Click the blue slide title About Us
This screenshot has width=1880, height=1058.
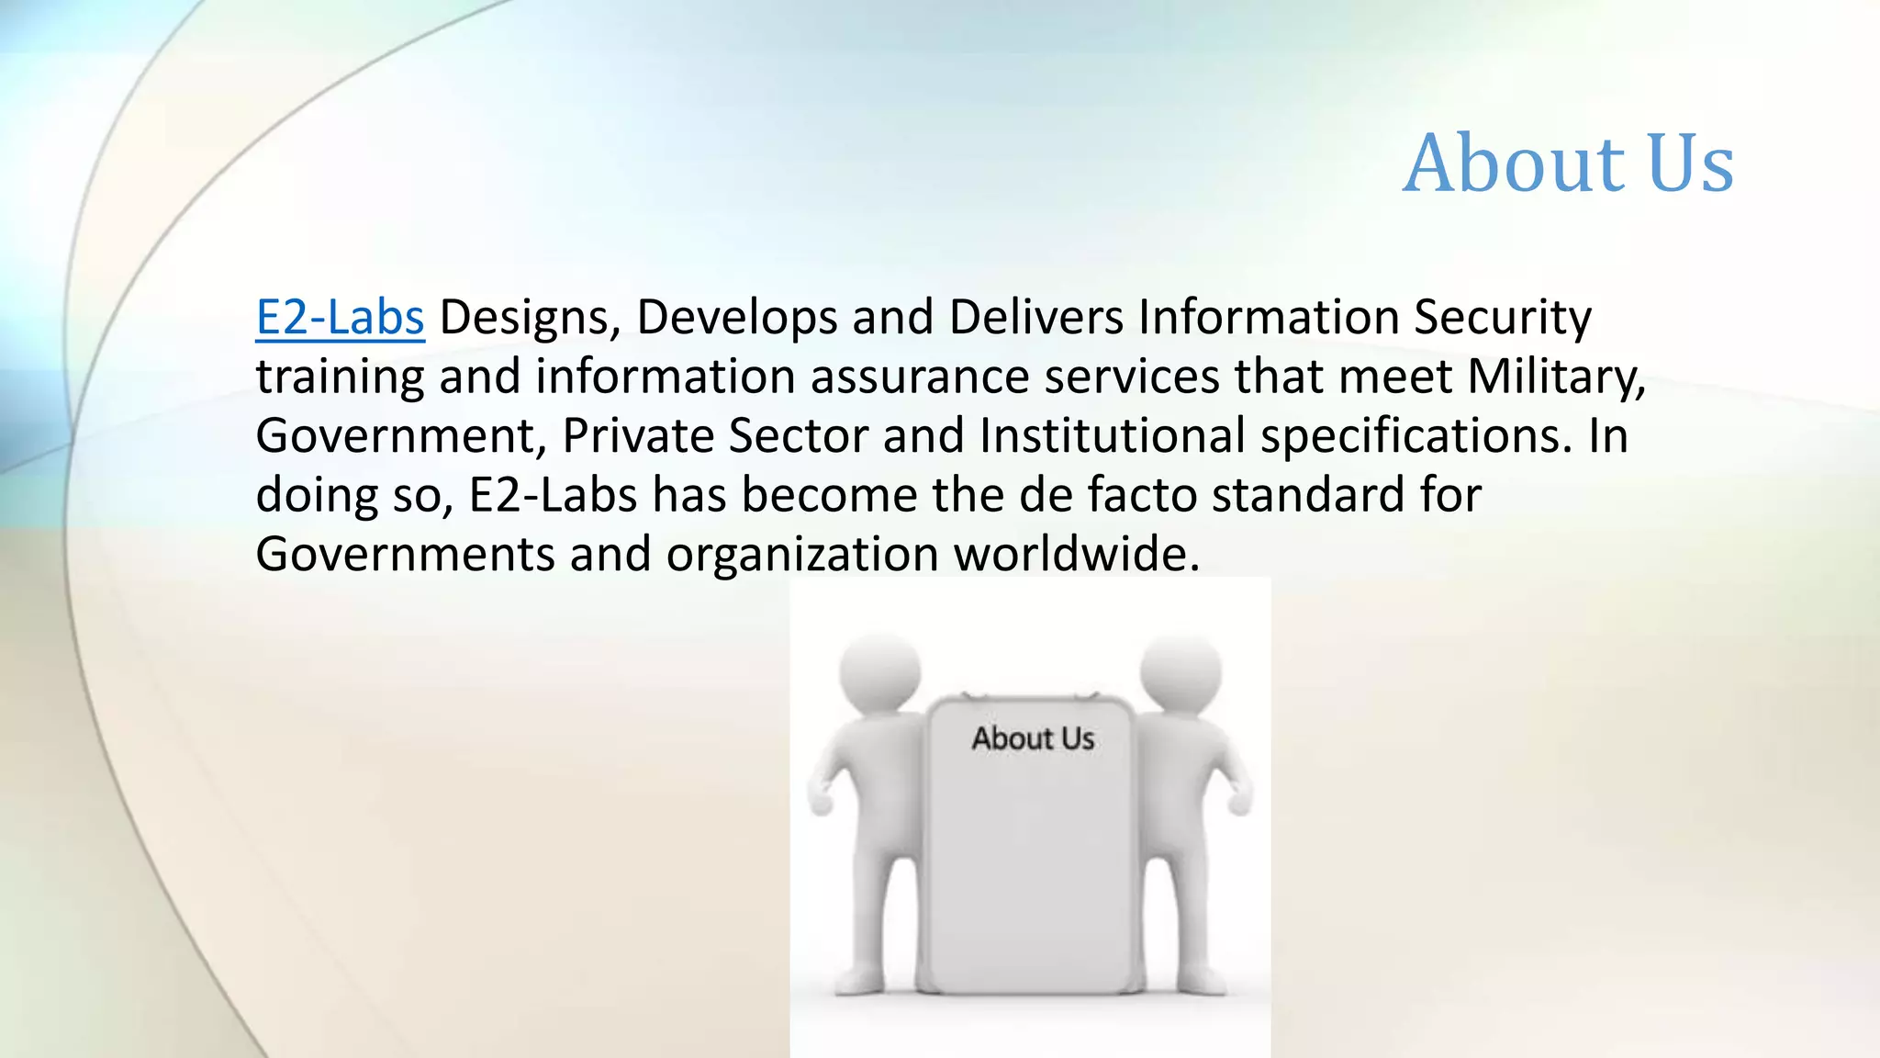click(x=1568, y=163)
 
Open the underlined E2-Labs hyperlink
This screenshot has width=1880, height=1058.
click(x=340, y=318)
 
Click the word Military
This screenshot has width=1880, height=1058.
click(x=1555, y=377)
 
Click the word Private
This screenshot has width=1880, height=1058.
click(x=638, y=436)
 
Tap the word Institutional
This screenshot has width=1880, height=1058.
click(x=1112, y=436)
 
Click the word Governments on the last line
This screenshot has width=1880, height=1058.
click(x=405, y=555)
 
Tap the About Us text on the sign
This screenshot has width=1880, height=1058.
click(x=1033, y=738)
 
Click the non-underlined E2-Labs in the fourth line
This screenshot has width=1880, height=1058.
click(x=553, y=495)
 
